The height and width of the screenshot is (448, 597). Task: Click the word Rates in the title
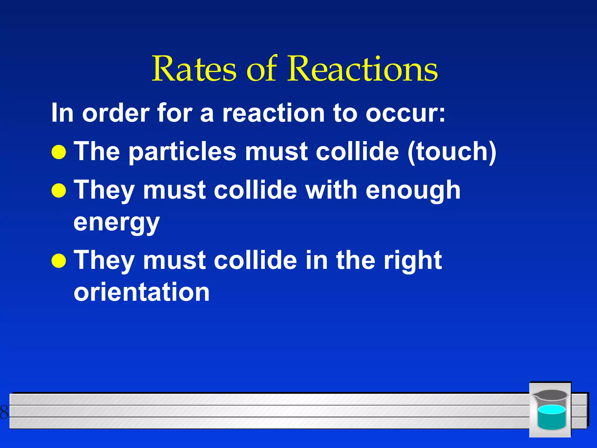[x=194, y=69]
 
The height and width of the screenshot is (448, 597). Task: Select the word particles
[x=182, y=152]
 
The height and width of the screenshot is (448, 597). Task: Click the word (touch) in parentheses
[x=452, y=151]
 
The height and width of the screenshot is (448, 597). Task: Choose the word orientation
[x=142, y=292]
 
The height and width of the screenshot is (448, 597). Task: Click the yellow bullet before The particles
[x=59, y=152]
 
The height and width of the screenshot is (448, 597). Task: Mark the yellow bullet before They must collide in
[x=59, y=260]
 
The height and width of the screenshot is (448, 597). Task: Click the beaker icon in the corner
[x=550, y=409]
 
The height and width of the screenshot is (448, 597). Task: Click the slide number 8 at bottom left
[x=4, y=412]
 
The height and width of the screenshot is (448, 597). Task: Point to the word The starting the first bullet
[x=96, y=151]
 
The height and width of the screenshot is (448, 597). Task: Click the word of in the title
[x=261, y=69]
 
